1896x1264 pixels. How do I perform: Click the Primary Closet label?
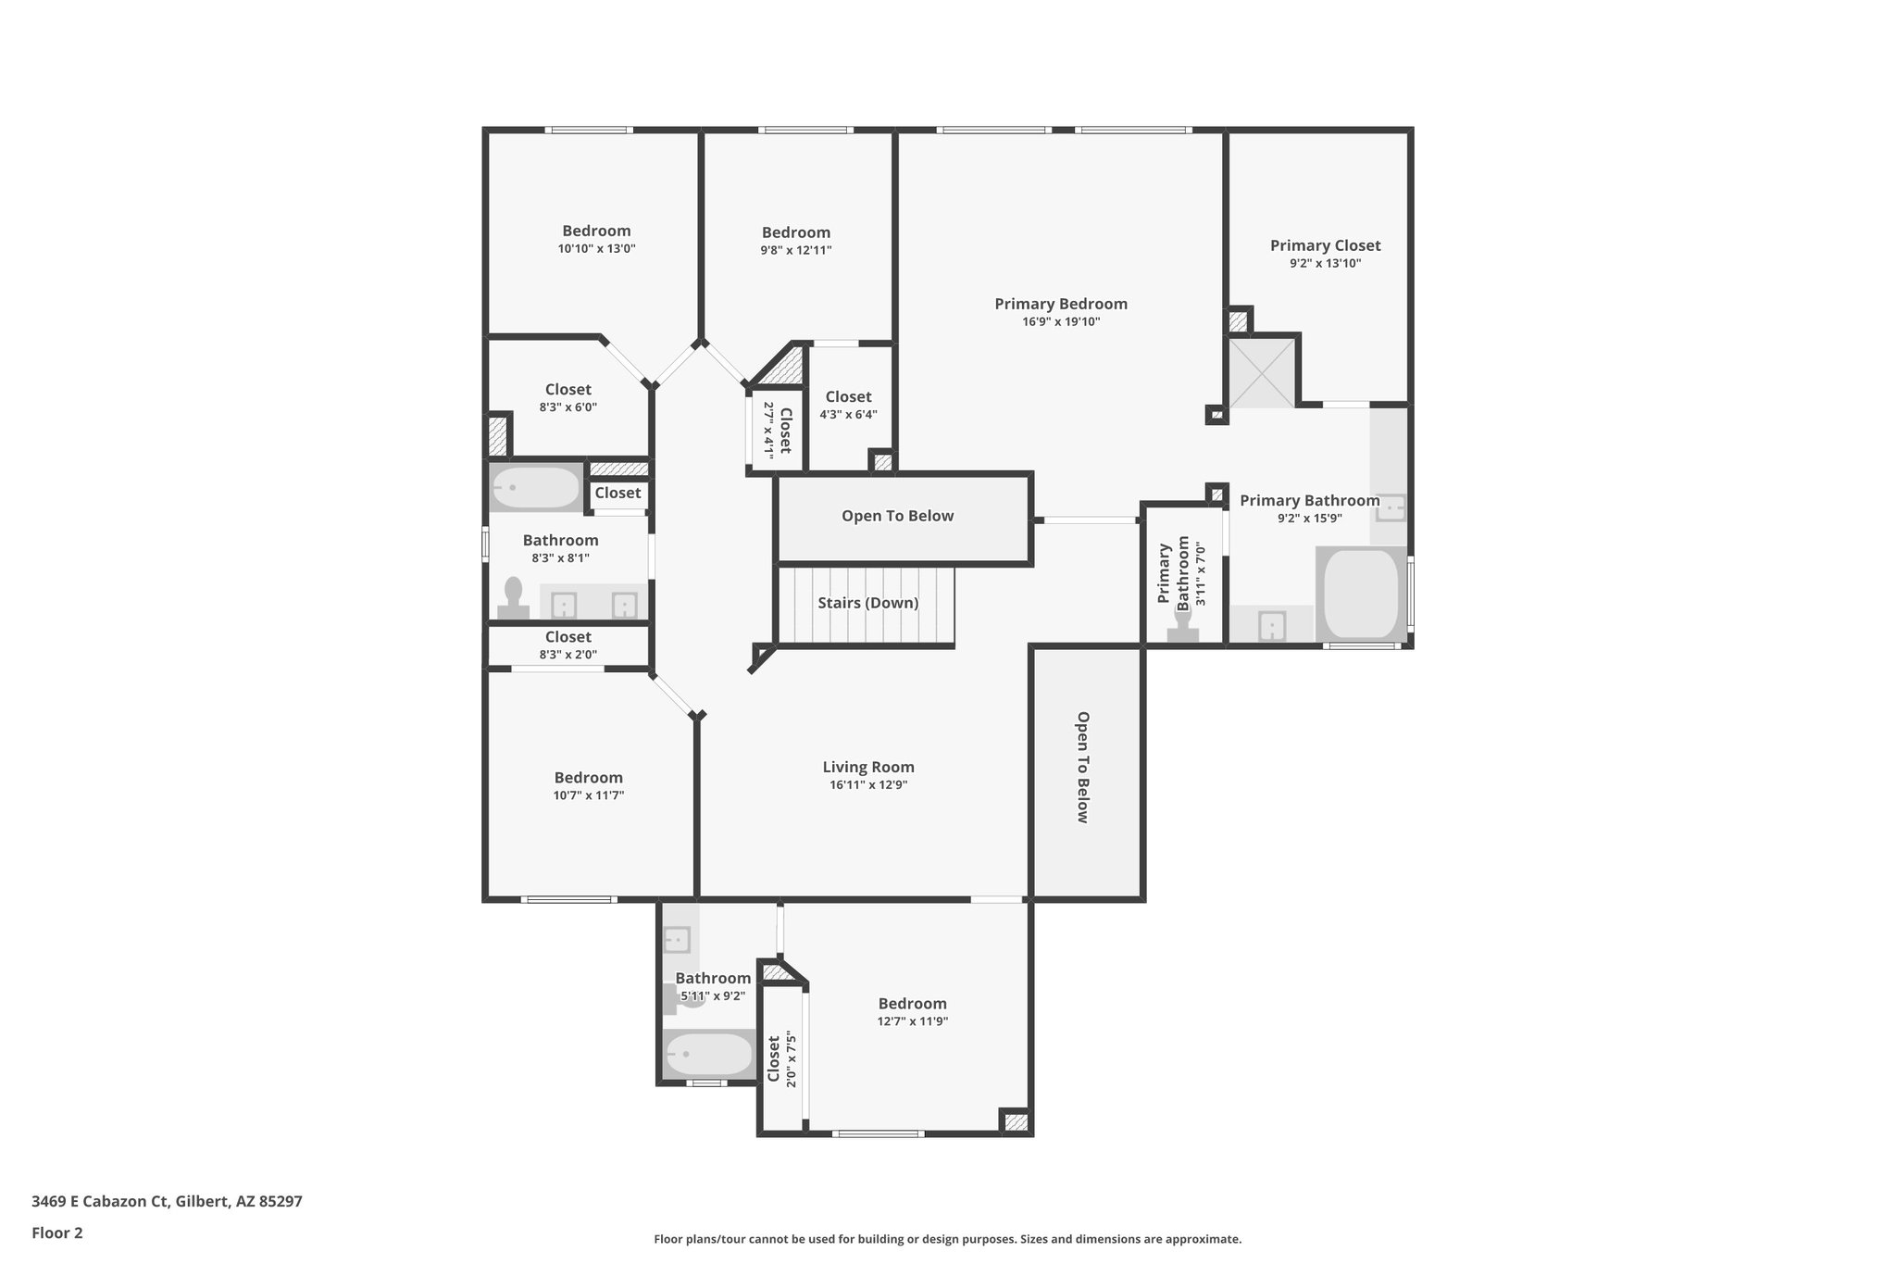(1325, 245)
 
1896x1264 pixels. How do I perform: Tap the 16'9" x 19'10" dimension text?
(1061, 322)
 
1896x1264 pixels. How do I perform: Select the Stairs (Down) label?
(867, 603)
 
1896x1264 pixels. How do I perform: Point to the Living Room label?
(868, 767)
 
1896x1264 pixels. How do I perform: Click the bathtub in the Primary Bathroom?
(1361, 594)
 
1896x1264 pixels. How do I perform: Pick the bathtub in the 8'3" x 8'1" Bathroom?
(535, 487)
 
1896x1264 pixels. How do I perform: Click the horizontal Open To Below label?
(897, 516)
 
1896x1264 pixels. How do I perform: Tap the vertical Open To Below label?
(1082, 767)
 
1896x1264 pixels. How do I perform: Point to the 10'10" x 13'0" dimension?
(596, 249)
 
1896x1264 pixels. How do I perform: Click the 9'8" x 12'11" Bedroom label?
(795, 232)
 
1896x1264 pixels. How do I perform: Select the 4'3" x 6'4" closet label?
(848, 396)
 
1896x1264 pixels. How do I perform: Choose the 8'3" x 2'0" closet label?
(568, 637)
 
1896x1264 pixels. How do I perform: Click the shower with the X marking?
(1261, 372)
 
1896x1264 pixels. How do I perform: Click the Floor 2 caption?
(57, 1233)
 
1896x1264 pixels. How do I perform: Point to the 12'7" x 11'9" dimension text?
(912, 1021)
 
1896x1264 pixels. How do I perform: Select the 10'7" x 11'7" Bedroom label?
(588, 778)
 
